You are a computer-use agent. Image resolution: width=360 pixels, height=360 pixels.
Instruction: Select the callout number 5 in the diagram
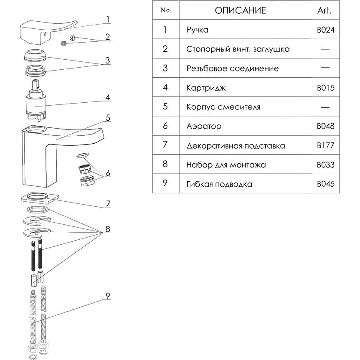(108, 118)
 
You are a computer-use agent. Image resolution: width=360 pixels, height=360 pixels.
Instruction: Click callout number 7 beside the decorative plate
(108, 204)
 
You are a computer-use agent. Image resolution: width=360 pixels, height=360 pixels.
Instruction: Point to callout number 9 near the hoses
(108, 296)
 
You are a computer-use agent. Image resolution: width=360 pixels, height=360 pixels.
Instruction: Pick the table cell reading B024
(326, 30)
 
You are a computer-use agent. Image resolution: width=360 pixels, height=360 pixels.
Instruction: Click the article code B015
(326, 88)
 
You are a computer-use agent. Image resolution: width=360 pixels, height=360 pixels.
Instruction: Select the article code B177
(326, 146)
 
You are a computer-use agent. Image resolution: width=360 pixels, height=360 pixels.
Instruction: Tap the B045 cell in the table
(326, 184)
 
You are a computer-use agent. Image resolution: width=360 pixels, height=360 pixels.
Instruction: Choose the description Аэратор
(204, 126)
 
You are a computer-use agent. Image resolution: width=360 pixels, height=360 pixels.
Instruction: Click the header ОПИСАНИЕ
(240, 10)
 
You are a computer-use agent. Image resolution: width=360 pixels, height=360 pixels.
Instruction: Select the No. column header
(165, 10)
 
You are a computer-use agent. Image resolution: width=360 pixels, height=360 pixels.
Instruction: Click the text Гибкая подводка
(219, 184)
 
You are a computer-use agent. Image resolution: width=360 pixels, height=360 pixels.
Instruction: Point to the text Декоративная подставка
(236, 146)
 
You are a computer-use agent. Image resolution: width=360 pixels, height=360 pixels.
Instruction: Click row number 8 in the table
(165, 164)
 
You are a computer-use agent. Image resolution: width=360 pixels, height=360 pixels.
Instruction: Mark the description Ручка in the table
(198, 30)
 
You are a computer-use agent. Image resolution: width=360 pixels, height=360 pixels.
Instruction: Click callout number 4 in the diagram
(108, 97)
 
